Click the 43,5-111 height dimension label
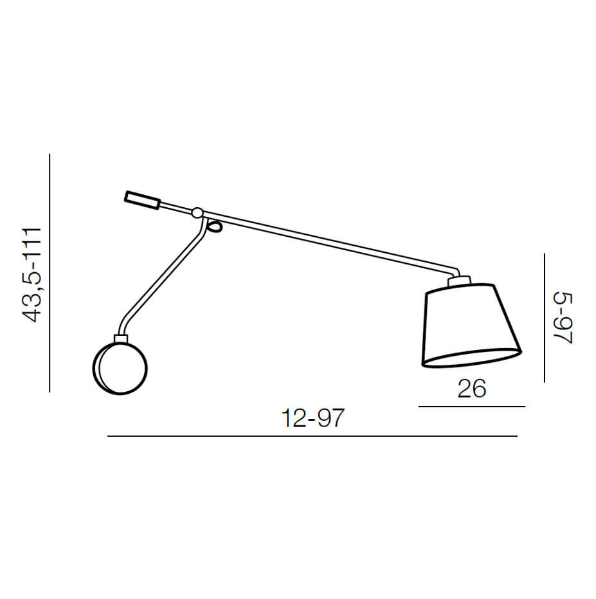[32, 275]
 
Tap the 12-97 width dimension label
[312, 418]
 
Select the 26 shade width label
[472, 389]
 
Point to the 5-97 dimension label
[563, 318]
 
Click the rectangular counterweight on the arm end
[142, 200]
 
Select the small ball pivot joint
[197, 213]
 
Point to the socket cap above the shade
[459, 282]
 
